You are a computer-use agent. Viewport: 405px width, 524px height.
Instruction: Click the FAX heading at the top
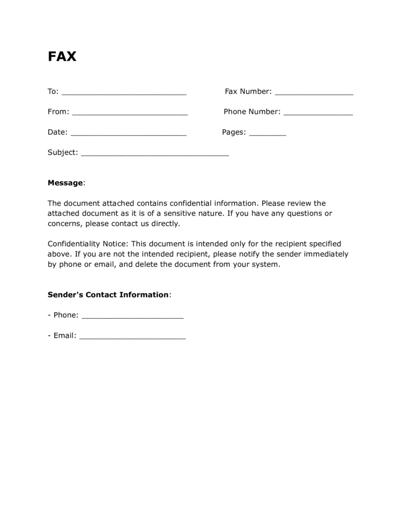pos(62,56)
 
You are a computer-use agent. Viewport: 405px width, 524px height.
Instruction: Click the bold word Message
pos(65,183)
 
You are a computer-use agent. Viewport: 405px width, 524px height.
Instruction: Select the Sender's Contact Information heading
pos(108,295)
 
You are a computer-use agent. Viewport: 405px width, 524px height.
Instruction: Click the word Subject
pos(62,152)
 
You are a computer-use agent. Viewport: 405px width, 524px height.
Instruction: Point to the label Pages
pos(233,132)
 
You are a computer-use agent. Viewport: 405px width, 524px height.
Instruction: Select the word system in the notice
pos(266,265)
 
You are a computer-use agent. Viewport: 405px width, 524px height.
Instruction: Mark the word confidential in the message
pos(190,203)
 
